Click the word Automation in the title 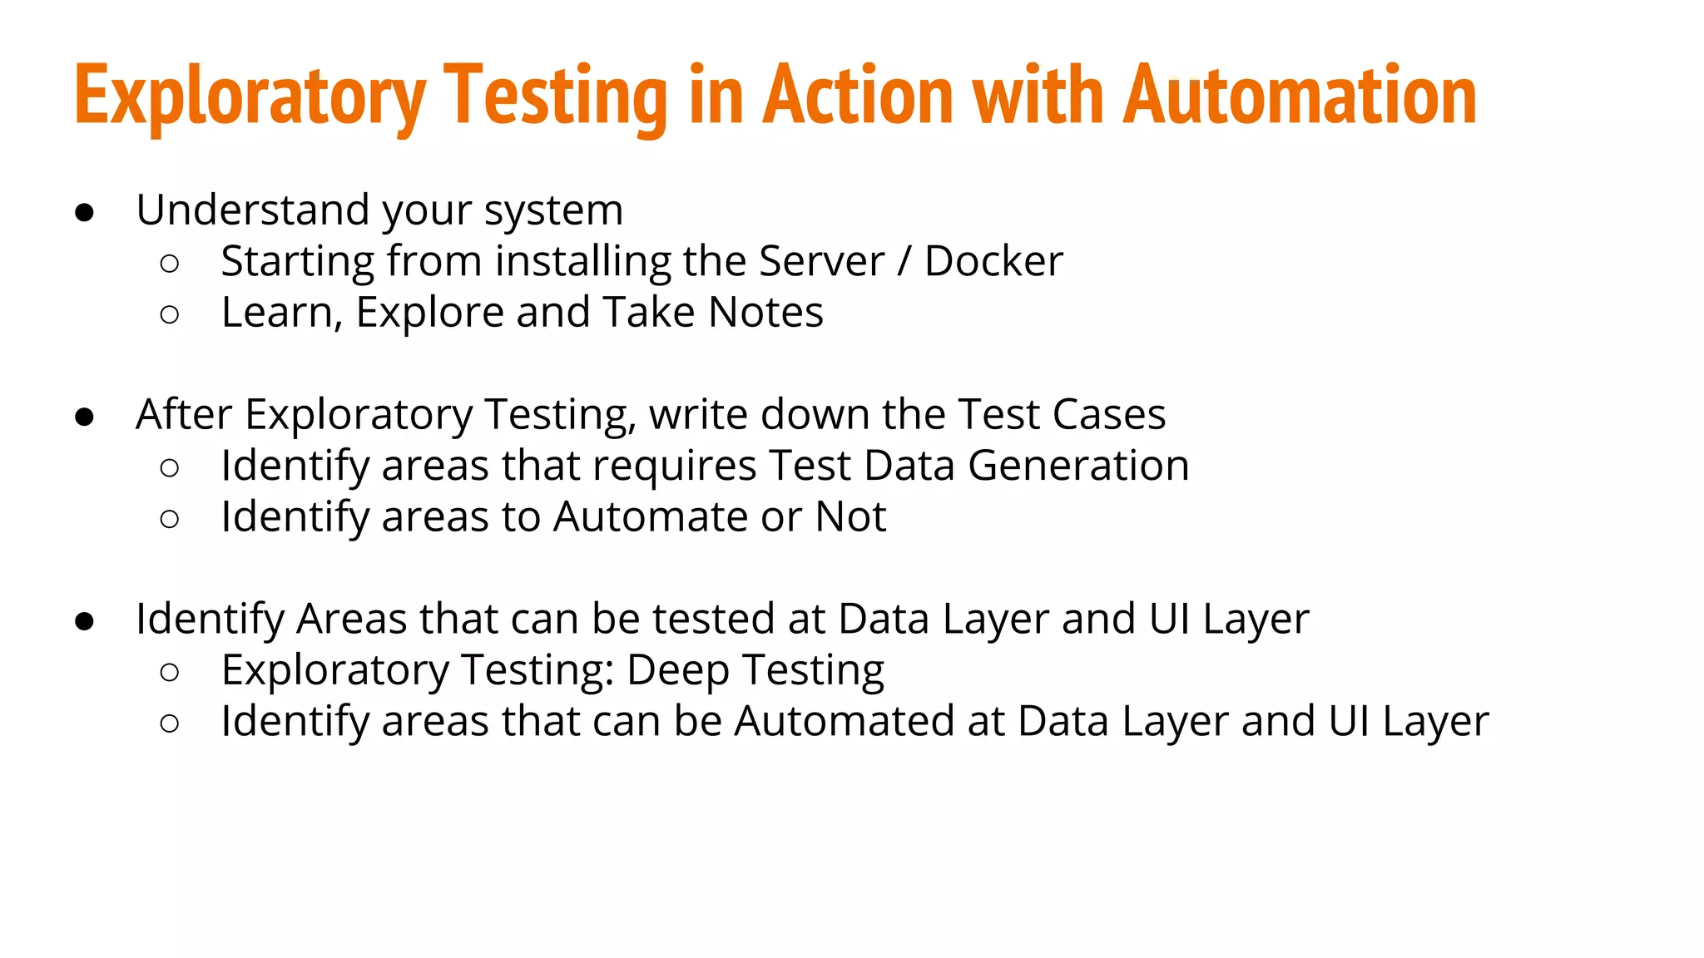[x=1300, y=96]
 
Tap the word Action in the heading [x=858, y=96]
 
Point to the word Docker [x=993, y=261]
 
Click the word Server [x=821, y=261]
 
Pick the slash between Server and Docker [x=904, y=261]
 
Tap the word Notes [x=765, y=313]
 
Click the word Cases [x=1109, y=414]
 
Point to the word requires [x=674, y=466]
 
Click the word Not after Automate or [x=850, y=517]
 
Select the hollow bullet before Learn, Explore [x=169, y=315]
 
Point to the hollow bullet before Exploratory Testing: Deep [x=169, y=673]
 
